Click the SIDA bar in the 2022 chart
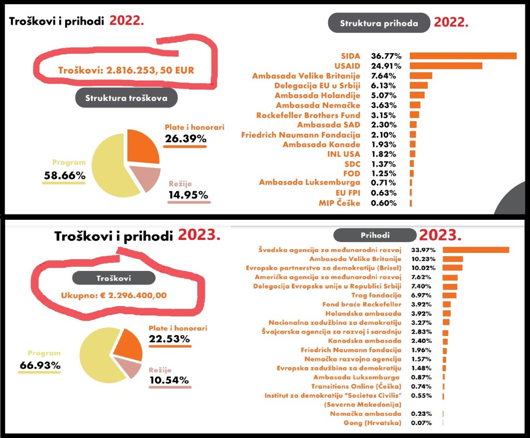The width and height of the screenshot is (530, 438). pos(463,56)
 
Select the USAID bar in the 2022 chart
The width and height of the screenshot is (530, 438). pos(446,66)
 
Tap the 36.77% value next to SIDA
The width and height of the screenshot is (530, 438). pos(384,56)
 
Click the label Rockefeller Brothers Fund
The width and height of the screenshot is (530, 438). pos(308,115)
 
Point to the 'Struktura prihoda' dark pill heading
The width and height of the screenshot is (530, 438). pos(379,23)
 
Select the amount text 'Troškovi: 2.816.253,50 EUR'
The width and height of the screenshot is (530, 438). pos(126,70)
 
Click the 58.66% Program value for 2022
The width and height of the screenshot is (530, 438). pos(64,176)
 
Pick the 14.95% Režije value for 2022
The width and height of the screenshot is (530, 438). pos(188,194)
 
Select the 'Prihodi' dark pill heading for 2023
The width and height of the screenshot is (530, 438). pos(375,236)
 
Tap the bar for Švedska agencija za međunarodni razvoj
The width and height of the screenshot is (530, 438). pos(476,250)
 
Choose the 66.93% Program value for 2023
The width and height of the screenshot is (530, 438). pos(40,365)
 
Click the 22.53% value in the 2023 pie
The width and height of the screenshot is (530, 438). pos(169,339)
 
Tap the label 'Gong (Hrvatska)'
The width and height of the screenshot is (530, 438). pos(373,423)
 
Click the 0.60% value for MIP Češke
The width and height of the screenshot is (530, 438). pos(384,203)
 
